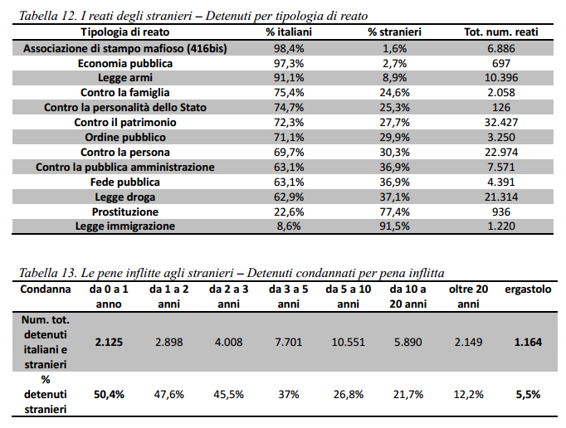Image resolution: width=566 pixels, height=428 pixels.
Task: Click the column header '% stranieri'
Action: pyautogui.click(x=394, y=32)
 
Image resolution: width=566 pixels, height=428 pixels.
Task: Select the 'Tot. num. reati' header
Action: pyautogui.click(x=501, y=32)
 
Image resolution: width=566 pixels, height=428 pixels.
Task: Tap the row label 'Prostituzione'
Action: pyautogui.click(x=124, y=212)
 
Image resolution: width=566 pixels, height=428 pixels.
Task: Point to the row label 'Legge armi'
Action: pyautogui.click(x=124, y=78)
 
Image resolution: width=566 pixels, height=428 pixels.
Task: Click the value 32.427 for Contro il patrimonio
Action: pyautogui.click(x=501, y=122)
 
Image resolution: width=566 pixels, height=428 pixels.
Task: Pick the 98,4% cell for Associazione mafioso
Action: pyautogui.click(x=289, y=48)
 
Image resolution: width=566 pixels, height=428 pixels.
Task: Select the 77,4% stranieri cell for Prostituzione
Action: pyautogui.click(x=394, y=212)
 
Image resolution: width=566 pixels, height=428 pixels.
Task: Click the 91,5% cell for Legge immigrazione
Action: pyautogui.click(x=394, y=226)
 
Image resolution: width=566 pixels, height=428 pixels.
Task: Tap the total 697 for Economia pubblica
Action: pyautogui.click(x=501, y=64)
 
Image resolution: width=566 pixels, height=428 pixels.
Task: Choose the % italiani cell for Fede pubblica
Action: pyautogui.click(x=289, y=182)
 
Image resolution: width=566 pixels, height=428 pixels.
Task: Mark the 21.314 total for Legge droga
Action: pyautogui.click(x=501, y=197)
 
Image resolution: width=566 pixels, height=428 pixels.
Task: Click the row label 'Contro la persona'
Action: pyautogui.click(x=124, y=153)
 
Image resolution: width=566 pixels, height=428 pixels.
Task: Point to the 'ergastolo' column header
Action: pyautogui.click(x=528, y=289)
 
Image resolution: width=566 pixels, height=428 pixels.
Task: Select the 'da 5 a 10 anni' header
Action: pyautogui.click(x=349, y=297)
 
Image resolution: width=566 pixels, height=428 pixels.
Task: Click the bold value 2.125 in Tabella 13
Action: pyautogui.click(x=109, y=342)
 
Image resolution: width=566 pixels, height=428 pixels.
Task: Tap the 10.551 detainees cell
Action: pyautogui.click(x=349, y=342)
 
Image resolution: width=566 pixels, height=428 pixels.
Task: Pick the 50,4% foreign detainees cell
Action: pyautogui.click(x=109, y=395)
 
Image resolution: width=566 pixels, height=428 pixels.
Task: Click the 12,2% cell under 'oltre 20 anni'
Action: pyautogui.click(x=468, y=395)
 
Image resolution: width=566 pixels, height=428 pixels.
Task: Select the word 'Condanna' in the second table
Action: pyautogui.click(x=46, y=289)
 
